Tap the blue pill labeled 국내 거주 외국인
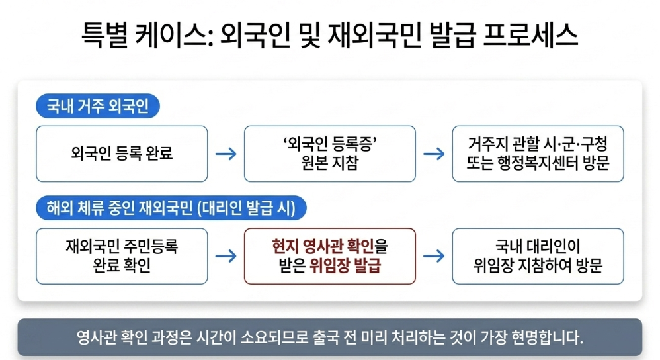pyautogui.click(x=97, y=106)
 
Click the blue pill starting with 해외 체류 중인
pyautogui.click(x=171, y=208)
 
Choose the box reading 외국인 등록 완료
pyautogui.click(x=122, y=154)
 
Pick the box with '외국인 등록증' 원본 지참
pyautogui.click(x=329, y=154)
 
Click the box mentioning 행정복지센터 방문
pyautogui.click(x=538, y=154)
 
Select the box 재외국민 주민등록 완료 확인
pyautogui.click(x=122, y=256)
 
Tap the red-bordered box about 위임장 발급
pyautogui.click(x=329, y=256)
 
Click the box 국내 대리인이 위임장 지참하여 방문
pyautogui.click(x=538, y=256)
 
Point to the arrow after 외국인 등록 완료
pyautogui.click(x=226, y=154)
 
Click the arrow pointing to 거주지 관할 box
pyautogui.click(x=434, y=154)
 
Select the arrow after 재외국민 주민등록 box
pyautogui.click(x=226, y=256)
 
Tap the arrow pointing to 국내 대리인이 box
pyautogui.click(x=434, y=256)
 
